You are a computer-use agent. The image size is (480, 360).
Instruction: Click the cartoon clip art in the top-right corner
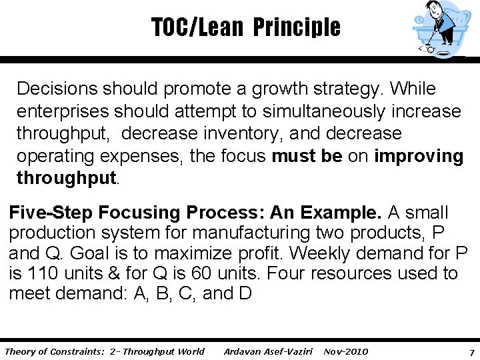(x=440, y=29)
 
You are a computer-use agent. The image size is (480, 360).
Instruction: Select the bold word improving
(x=419, y=156)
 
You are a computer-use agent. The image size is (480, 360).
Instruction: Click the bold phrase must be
(x=307, y=156)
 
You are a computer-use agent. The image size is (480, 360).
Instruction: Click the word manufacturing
(x=239, y=233)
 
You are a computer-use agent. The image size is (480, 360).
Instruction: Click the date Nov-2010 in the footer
(x=345, y=351)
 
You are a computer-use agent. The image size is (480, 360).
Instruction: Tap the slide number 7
(x=471, y=352)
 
